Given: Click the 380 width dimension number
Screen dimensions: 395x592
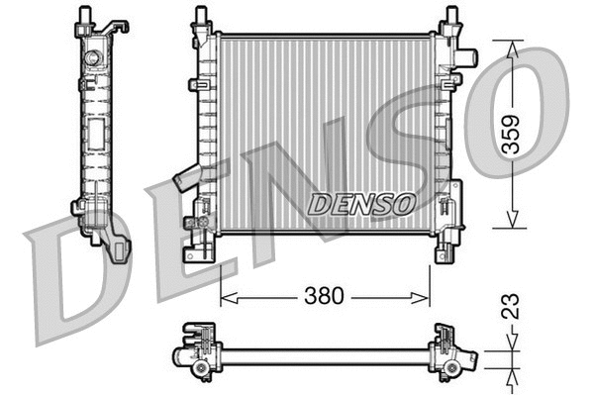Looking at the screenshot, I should point(324,295).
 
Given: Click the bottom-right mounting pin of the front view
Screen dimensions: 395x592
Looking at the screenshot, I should point(443,253).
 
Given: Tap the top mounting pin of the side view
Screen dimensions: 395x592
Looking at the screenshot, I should point(83,16).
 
